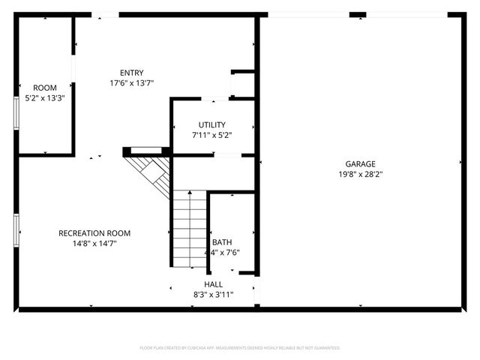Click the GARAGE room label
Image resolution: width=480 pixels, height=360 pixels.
360,163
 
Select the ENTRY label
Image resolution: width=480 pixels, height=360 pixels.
132,73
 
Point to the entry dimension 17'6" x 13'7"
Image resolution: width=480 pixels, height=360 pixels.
132,83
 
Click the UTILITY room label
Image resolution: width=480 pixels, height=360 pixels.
211,124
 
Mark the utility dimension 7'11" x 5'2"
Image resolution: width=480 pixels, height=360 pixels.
211,135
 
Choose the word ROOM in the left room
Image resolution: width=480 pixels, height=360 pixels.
45,88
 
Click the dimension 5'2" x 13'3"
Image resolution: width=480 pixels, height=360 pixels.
45,98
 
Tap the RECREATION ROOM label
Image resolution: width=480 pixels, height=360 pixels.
94,233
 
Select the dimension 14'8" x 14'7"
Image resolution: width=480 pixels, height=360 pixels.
94,244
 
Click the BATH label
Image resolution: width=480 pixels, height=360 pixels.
222,242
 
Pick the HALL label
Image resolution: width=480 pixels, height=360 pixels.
214,285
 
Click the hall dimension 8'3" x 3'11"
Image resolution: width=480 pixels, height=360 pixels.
214,295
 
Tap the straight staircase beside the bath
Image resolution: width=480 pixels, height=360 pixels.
190,229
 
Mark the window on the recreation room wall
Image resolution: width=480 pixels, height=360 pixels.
16,229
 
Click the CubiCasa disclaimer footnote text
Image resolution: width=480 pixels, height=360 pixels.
240,348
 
